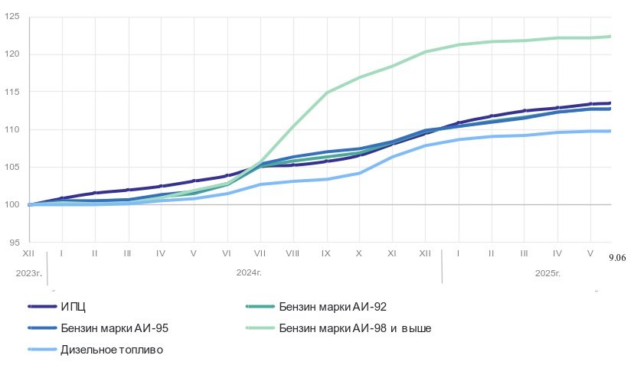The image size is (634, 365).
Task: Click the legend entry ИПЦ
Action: pos(73,307)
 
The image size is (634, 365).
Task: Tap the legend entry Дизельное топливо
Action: pos(112,350)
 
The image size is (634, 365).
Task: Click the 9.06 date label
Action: pos(617,259)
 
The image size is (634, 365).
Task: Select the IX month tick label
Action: pos(325,252)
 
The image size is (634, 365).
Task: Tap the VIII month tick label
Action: pos(292,252)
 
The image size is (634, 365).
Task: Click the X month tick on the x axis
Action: pos(358,252)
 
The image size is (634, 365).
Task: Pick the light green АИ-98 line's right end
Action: pos(610,36)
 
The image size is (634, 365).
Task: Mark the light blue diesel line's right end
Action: pos(610,131)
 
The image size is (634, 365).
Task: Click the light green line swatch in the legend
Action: pos(260,328)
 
